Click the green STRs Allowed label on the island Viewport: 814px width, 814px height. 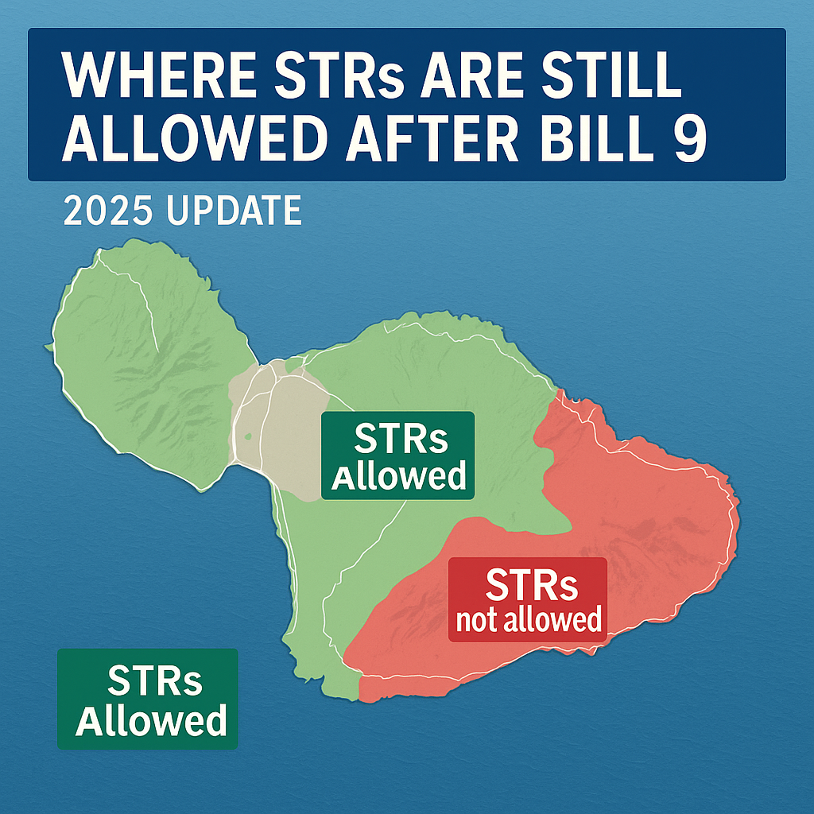(397, 455)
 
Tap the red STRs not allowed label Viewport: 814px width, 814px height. (528, 599)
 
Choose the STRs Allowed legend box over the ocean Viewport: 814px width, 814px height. (148, 699)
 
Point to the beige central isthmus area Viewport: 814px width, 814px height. (278, 429)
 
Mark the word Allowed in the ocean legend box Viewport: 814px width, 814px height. (148, 720)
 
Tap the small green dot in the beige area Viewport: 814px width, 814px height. (250, 436)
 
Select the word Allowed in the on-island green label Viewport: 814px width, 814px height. (398, 476)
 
